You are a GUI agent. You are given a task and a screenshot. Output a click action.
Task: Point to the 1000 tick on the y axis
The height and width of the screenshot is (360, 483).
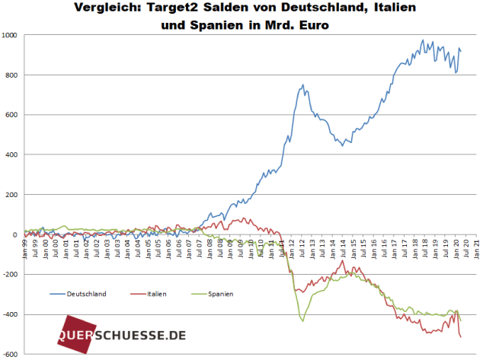pyautogui.click(x=11, y=35)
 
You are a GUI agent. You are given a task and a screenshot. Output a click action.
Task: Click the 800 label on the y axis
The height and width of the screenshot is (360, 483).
pyautogui.click(x=13, y=75)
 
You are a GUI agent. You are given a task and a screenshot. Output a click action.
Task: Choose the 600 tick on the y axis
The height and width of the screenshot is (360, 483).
pyautogui.click(x=13, y=115)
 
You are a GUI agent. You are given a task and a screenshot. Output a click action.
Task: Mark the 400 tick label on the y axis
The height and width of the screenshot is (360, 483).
pyautogui.click(x=13, y=155)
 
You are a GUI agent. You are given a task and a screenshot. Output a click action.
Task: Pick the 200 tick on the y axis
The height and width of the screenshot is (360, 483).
pyautogui.click(x=13, y=195)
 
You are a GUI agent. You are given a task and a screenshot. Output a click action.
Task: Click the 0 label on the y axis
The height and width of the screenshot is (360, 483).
pyautogui.click(x=17, y=234)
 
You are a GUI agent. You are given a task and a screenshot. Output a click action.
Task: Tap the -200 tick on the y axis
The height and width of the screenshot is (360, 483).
pyautogui.click(x=11, y=274)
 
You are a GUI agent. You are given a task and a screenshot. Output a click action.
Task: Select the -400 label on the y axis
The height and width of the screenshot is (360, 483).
pyautogui.click(x=11, y=314)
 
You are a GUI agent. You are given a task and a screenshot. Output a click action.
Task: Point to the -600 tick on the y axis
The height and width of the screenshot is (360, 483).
pyautogui.click(x=11, y=354)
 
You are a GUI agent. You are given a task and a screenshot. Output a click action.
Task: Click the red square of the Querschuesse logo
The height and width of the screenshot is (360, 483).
pyautogui.click(x=72, y=336)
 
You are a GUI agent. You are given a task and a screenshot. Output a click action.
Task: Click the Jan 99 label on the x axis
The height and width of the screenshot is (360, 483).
pyautogui.click(x=26, y=248)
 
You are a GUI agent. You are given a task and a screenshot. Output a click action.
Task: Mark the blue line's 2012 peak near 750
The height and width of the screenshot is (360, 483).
pyautogui.click(x=303, y=84)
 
